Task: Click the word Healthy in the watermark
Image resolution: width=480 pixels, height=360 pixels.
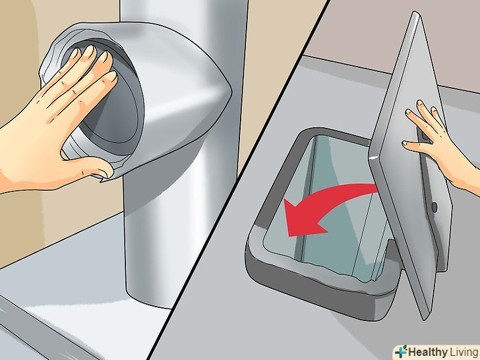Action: point(427,351)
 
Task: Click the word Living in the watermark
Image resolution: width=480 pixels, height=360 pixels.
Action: point(464,351)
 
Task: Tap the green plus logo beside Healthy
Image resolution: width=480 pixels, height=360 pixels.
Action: point(401,351)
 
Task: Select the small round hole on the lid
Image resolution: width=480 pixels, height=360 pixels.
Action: point(434,206)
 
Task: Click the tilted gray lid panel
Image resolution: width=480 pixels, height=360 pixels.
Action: point(410,165)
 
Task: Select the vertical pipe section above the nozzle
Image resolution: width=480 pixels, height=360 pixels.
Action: point(184,18)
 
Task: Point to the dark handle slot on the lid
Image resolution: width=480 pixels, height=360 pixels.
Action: point(425,135)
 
